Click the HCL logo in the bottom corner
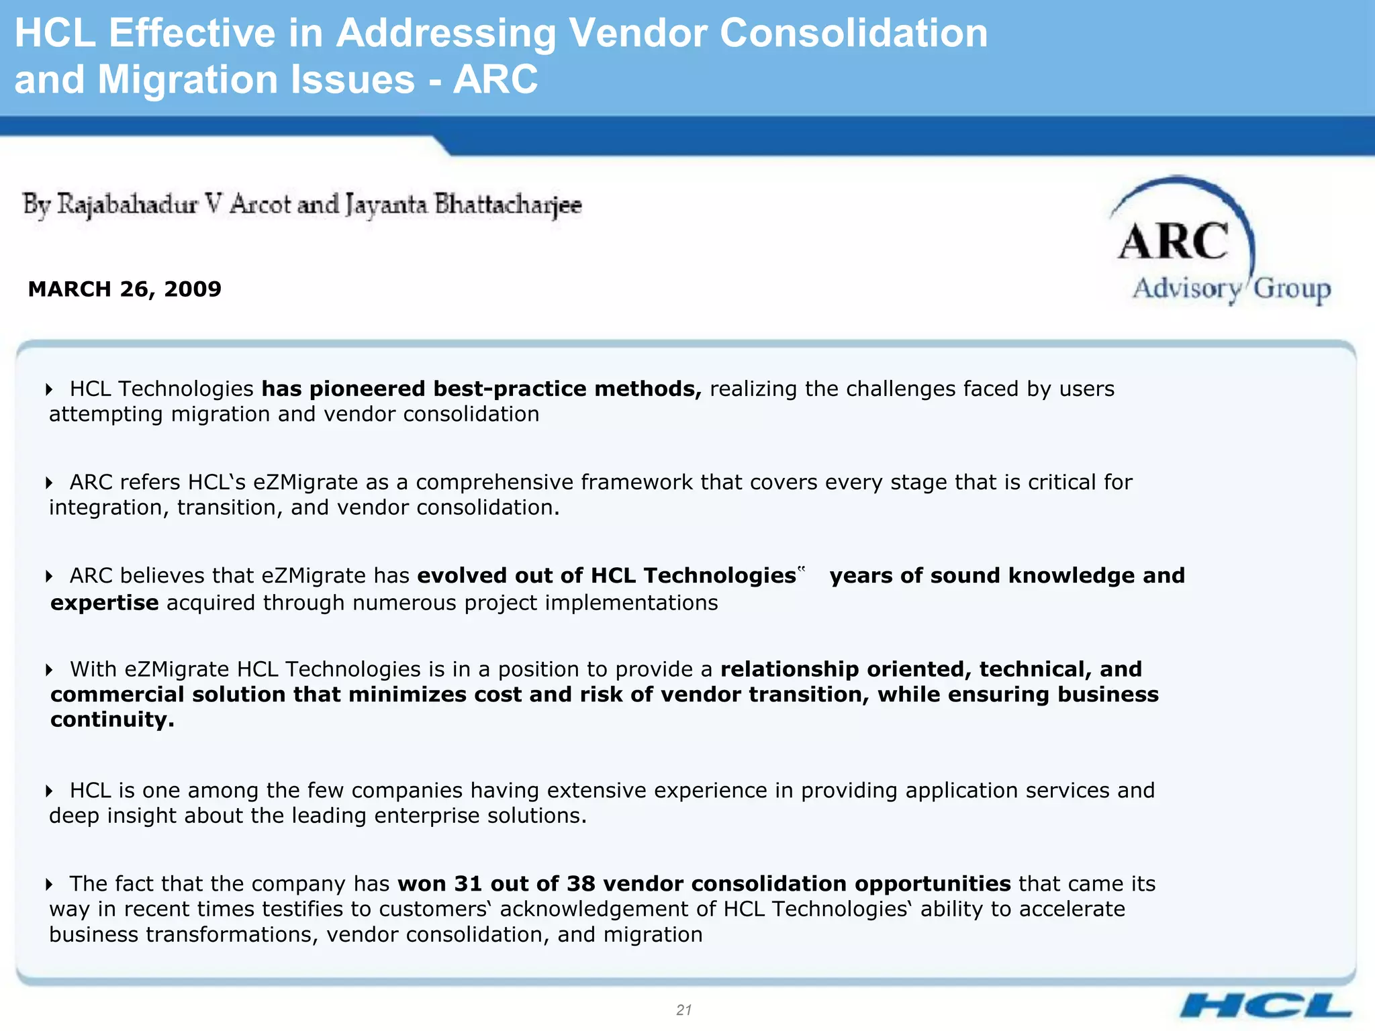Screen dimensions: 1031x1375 click(x=1266, y=1006)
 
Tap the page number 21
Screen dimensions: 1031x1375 click(x=684, y=1010)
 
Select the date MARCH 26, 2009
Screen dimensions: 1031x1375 click(x=125, y=289)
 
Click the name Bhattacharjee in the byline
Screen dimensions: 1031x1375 click(x=508, y=205)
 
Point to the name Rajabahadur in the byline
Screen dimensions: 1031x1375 click(x=128, y=205)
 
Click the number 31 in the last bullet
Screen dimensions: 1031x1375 click(x=468, y=883)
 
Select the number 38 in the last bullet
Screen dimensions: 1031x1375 click(x=581, y=883)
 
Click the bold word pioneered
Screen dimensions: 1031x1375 click(x=367, y=389)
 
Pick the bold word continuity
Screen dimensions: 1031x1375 click(x=112, y=720)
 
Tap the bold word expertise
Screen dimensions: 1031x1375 click(x=105, y=603)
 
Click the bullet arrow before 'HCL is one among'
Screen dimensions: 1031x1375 click(x=49, y=791)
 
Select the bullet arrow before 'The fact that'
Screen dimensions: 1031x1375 click(x=49, y=885)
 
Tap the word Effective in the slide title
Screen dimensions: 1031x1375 click(x=192, y=33)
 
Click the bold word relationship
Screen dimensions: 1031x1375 click(x=790, y=669)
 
